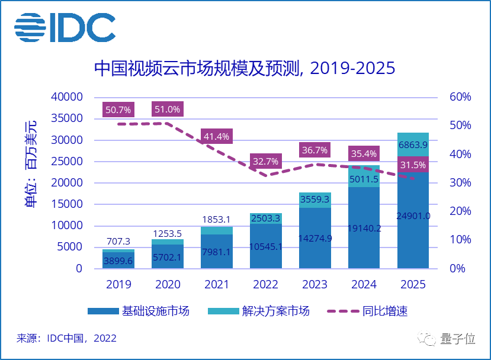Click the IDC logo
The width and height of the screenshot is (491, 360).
[65, 28]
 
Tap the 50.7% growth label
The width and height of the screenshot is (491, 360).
[118, 110]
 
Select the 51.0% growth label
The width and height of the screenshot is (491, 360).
[167, 110]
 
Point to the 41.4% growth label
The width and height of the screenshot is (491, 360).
[216, 137]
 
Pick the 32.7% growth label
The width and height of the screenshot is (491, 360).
[266, 161]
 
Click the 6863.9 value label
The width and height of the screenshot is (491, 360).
[413, 144]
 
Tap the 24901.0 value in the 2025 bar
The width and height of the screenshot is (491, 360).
[413, 216]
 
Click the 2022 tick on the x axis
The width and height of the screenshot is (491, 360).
[265, 285]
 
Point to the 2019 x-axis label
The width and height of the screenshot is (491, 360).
[118, 285]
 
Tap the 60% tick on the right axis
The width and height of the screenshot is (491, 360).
[460, 97]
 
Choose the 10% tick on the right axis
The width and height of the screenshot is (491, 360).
[460, 240]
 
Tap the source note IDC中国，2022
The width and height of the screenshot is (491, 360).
[66, 339]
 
